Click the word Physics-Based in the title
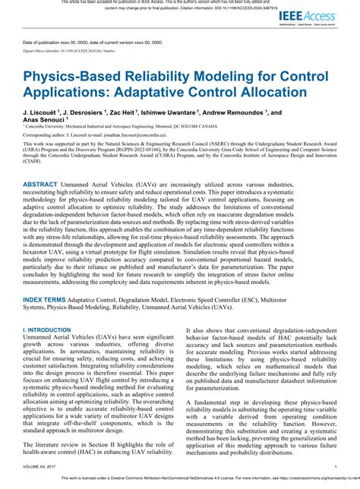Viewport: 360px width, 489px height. click(80, 78)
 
